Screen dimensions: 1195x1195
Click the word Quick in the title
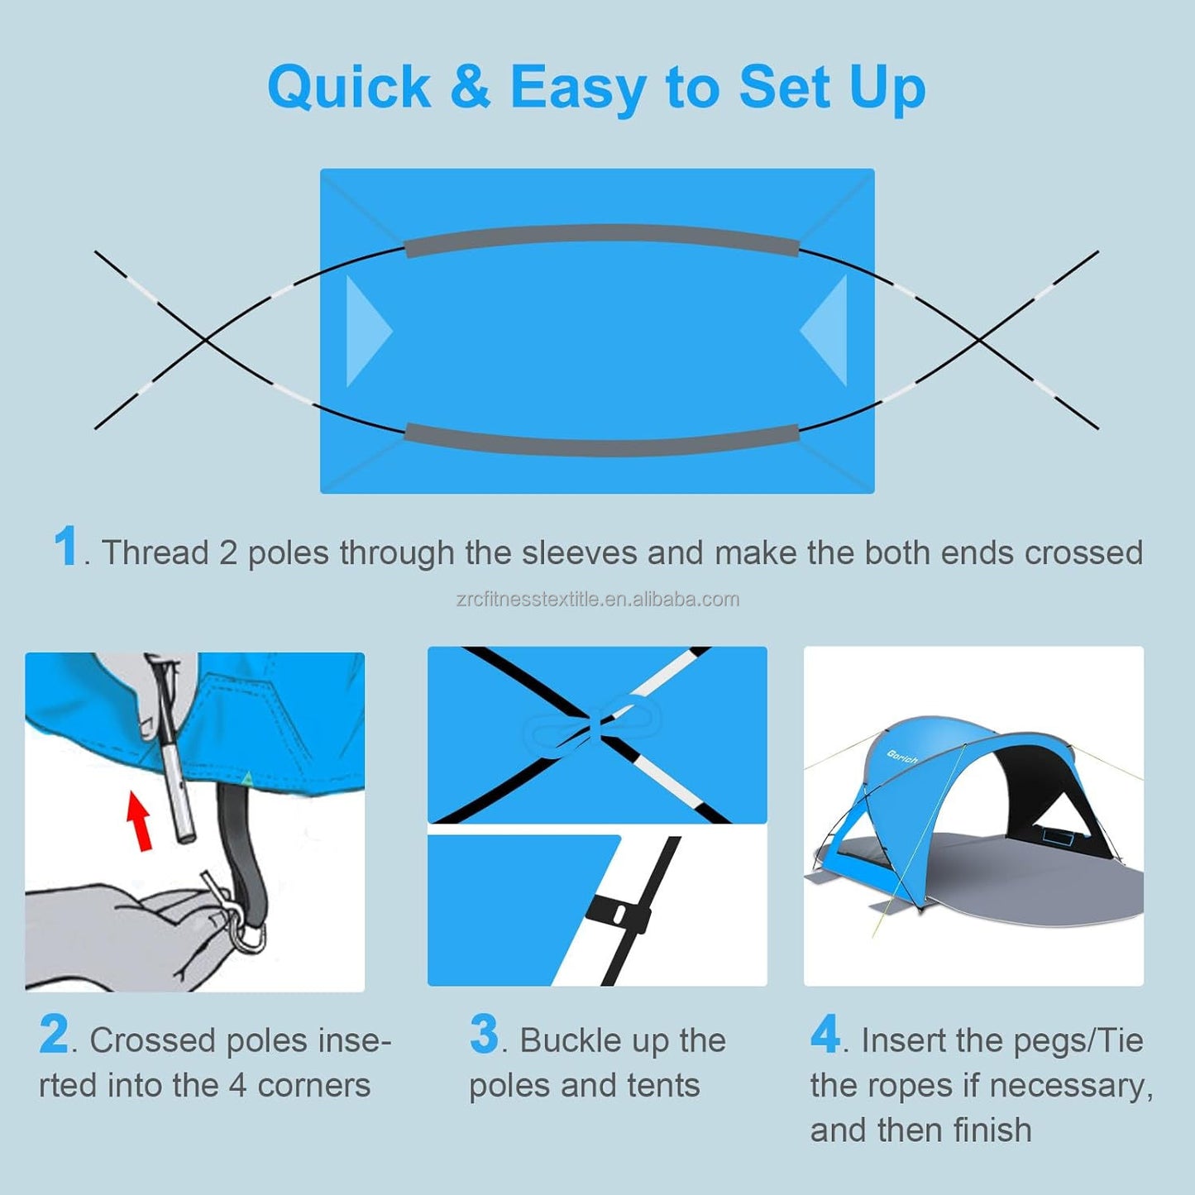pos(349,88)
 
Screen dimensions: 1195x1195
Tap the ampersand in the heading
pos(470,86)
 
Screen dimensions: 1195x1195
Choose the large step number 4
pos(825,1035)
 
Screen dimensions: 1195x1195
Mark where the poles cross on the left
pos(206,339)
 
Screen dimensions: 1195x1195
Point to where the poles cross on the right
pos(979,339)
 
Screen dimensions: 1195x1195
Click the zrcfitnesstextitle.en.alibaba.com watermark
pos(597,600)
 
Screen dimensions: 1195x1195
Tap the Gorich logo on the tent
pos(902,757)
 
